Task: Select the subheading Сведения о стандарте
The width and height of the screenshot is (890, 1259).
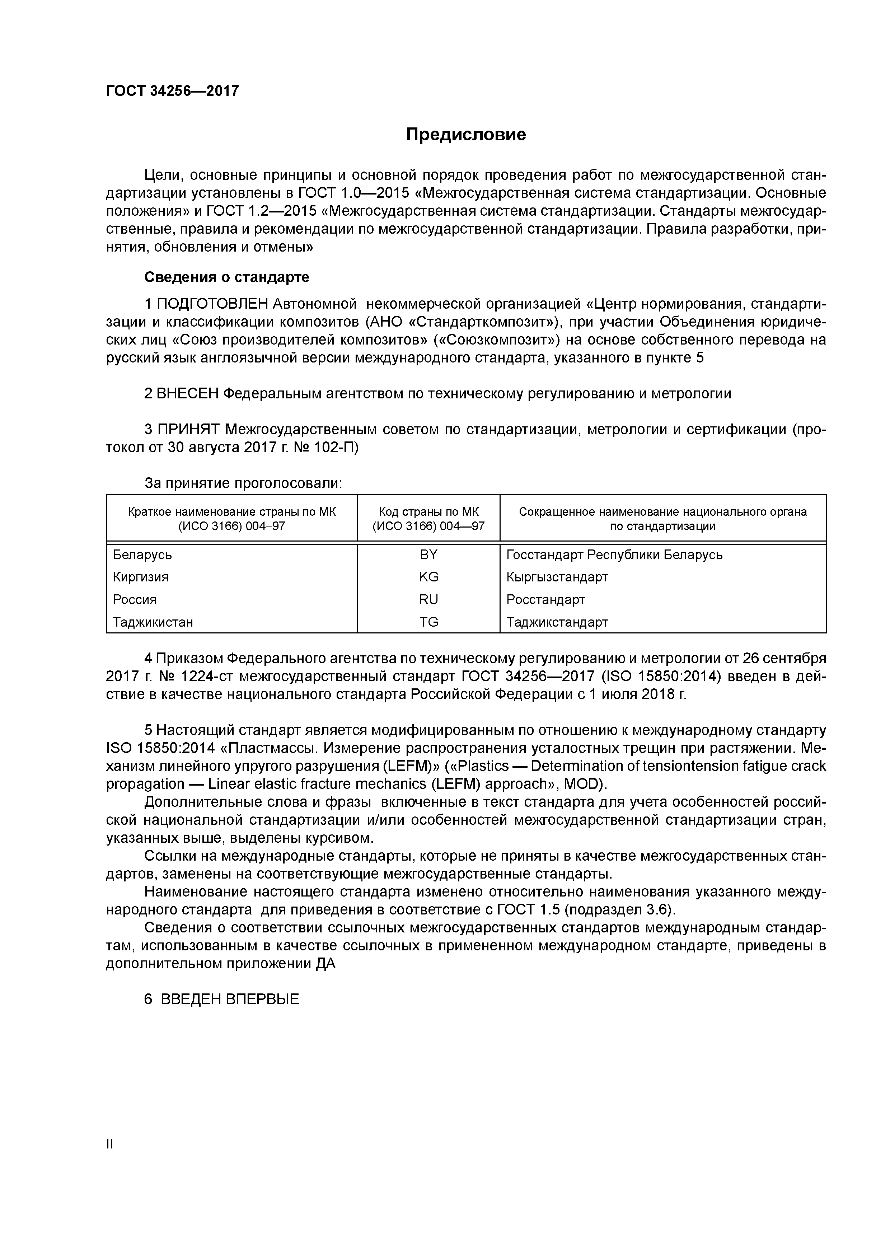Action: coord(226,277)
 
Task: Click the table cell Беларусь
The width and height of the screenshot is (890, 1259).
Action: coord(142,554)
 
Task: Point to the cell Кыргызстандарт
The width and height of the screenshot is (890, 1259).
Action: coord(557,577)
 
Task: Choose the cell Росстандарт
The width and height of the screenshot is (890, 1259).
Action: coord(545,599)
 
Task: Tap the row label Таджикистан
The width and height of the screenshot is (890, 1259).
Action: coord(153,622)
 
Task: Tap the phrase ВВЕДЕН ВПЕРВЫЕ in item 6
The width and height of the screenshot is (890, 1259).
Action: coord(230,999)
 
